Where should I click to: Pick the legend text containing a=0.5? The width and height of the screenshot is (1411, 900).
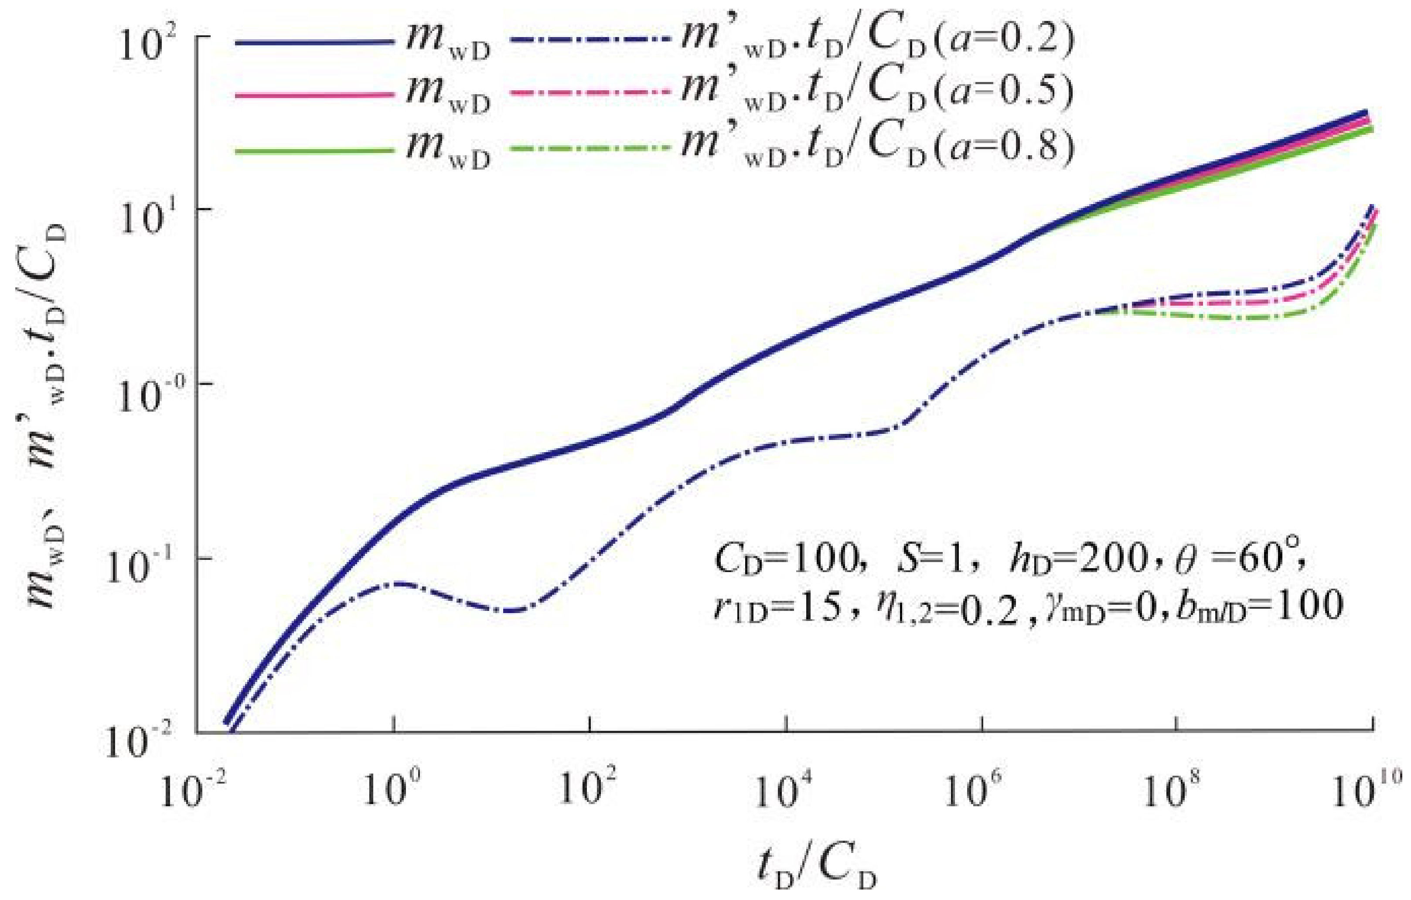(x=876, y=94)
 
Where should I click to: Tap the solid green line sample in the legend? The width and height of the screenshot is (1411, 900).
(x=313, y=151)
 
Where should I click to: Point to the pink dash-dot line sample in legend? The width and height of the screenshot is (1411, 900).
(x=590, y=93)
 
